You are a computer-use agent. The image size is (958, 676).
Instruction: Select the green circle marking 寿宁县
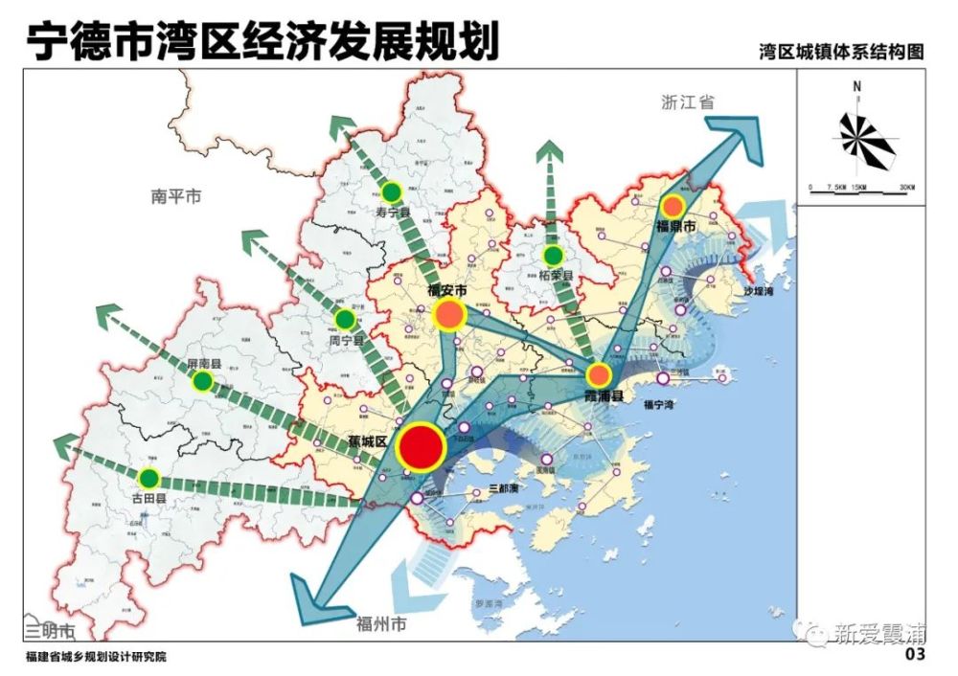tap(392, 191)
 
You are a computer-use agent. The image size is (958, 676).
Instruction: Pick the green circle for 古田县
tap(148, 477)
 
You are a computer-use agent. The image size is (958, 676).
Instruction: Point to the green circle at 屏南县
tap(202, 381)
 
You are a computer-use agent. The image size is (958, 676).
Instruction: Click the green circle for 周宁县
tap(344, 320)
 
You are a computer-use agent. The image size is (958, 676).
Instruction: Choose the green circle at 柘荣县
tap(553, 256)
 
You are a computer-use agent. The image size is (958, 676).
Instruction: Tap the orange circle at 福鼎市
tap(673, 205)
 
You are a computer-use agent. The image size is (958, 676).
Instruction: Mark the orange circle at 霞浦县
tap(599, 373)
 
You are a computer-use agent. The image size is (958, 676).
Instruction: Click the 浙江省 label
tap(688, 102)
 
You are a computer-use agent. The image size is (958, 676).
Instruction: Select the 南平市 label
tap(177, 196)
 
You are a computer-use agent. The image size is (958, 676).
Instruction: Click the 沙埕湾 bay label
tap(757, 291)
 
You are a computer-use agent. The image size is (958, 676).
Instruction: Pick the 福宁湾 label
tap(659, 405)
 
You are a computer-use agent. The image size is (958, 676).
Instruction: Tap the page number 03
tap(915, 655)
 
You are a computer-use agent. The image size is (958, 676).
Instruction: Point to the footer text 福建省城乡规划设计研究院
tap(97, 658)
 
